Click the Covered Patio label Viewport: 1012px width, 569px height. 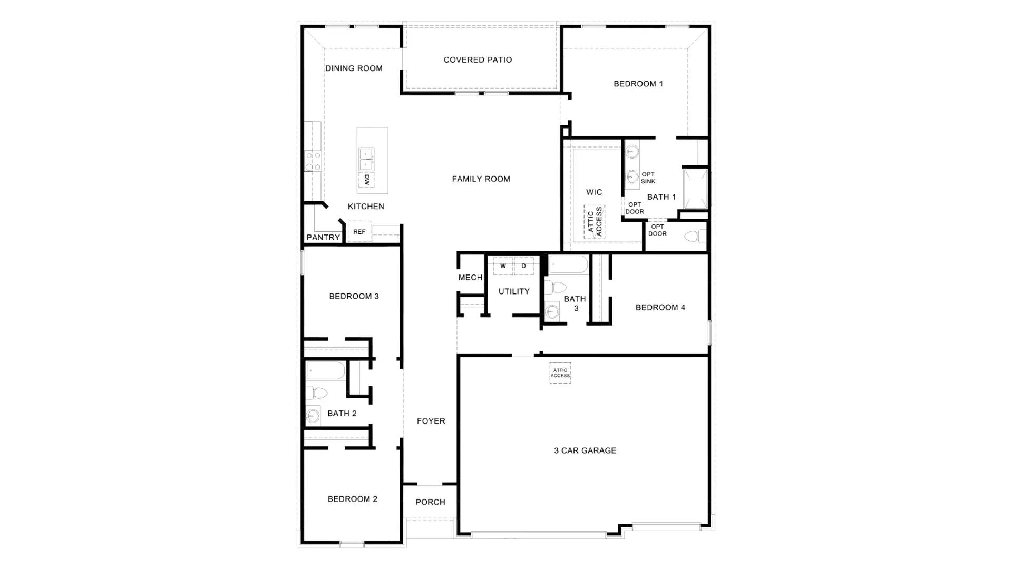pyautogui.click(x=478, y=60)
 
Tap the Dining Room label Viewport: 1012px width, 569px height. pyautogui.click(x=354, y=68)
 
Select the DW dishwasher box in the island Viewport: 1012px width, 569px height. pyautogui.click(x=367, y=180)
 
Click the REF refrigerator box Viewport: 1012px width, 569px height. pyautogui.click(x=359, y=232)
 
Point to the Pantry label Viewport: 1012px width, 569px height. pyautogui.click(x=323, y=238)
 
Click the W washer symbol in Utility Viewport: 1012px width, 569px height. pyautogui.click(x=503, y=266)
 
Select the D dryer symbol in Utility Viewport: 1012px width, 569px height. pyautogui.click(x=523, y=266)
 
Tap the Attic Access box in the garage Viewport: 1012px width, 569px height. pyautogui.click(x=560, y=373)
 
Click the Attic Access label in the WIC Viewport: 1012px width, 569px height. pyautogui.click(x=595, y=222)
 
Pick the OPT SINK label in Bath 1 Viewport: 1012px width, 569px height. pyautogui.click(x=648, y=178)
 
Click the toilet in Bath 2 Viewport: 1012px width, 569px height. pyautogui.click(x=316, y=393)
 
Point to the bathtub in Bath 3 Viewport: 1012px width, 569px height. pyautogui.click(x=568, y=264)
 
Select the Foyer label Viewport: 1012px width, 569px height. pyautogui.click(x=431, y=421)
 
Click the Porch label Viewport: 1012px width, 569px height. pyautogui.click(x=430, y=502)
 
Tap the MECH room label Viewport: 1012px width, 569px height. pyautogui.click(x=470, y=278)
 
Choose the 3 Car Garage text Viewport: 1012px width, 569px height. pyautogui.click(x=585, y=450)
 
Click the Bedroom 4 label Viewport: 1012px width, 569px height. pyautogui.click(x=660, y=308)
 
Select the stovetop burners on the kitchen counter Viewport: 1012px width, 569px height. pyautogui.click(x=313, y=161)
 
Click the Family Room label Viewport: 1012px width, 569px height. pyautogui.click(x=481, y=179)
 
